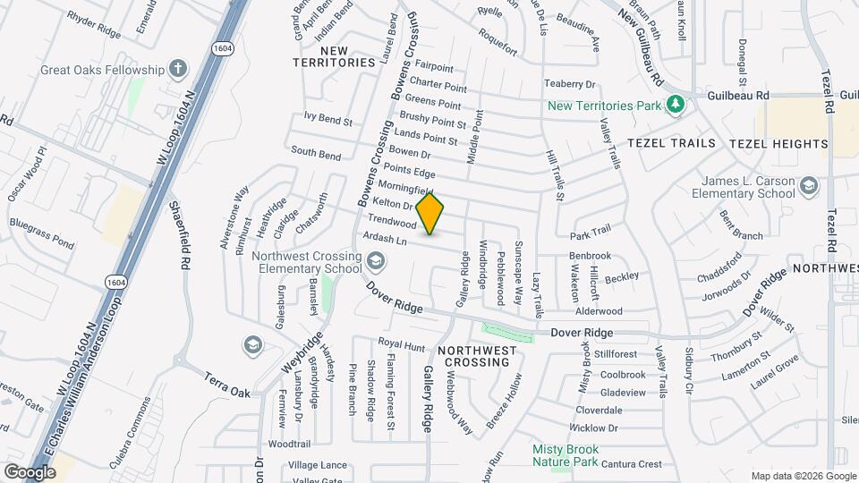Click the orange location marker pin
[x=430, y=214]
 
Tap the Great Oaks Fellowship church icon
[x=178, y=69]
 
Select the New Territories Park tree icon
[x=676, y=106]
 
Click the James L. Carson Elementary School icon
[x=810, y=186]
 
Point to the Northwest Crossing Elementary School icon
[x=376, y=260]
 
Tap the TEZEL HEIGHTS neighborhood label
[x=778, y=143]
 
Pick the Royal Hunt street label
[x=401, y=343]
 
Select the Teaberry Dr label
[x=570, y=84]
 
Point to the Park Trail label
[x=591, y=230]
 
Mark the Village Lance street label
[x=318, y=465]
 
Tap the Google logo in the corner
[x=30, y=471]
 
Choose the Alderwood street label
[x=599, y=311]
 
